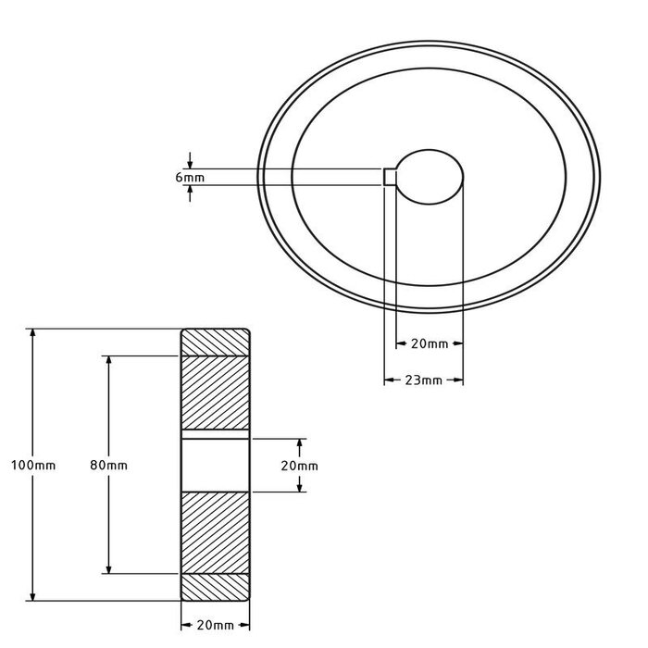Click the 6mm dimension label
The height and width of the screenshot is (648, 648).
click(190, 176)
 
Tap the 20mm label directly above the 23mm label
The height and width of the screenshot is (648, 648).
click(429, 343)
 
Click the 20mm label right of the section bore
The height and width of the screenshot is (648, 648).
click(299, 465)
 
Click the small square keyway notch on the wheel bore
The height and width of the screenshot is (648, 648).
click(390, 177)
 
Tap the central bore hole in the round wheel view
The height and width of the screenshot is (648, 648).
click(429, 176)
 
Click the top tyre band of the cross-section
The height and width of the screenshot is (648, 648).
click(214, 342)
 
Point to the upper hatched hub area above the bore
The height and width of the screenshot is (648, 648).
click(214, 393)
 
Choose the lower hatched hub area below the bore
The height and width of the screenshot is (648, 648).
click(214, 532)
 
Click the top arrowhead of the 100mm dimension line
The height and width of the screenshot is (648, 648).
click(33, 332)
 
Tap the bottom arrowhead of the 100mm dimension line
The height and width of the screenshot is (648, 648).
click(33, 595)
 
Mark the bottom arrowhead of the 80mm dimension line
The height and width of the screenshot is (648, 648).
click(109, 567)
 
